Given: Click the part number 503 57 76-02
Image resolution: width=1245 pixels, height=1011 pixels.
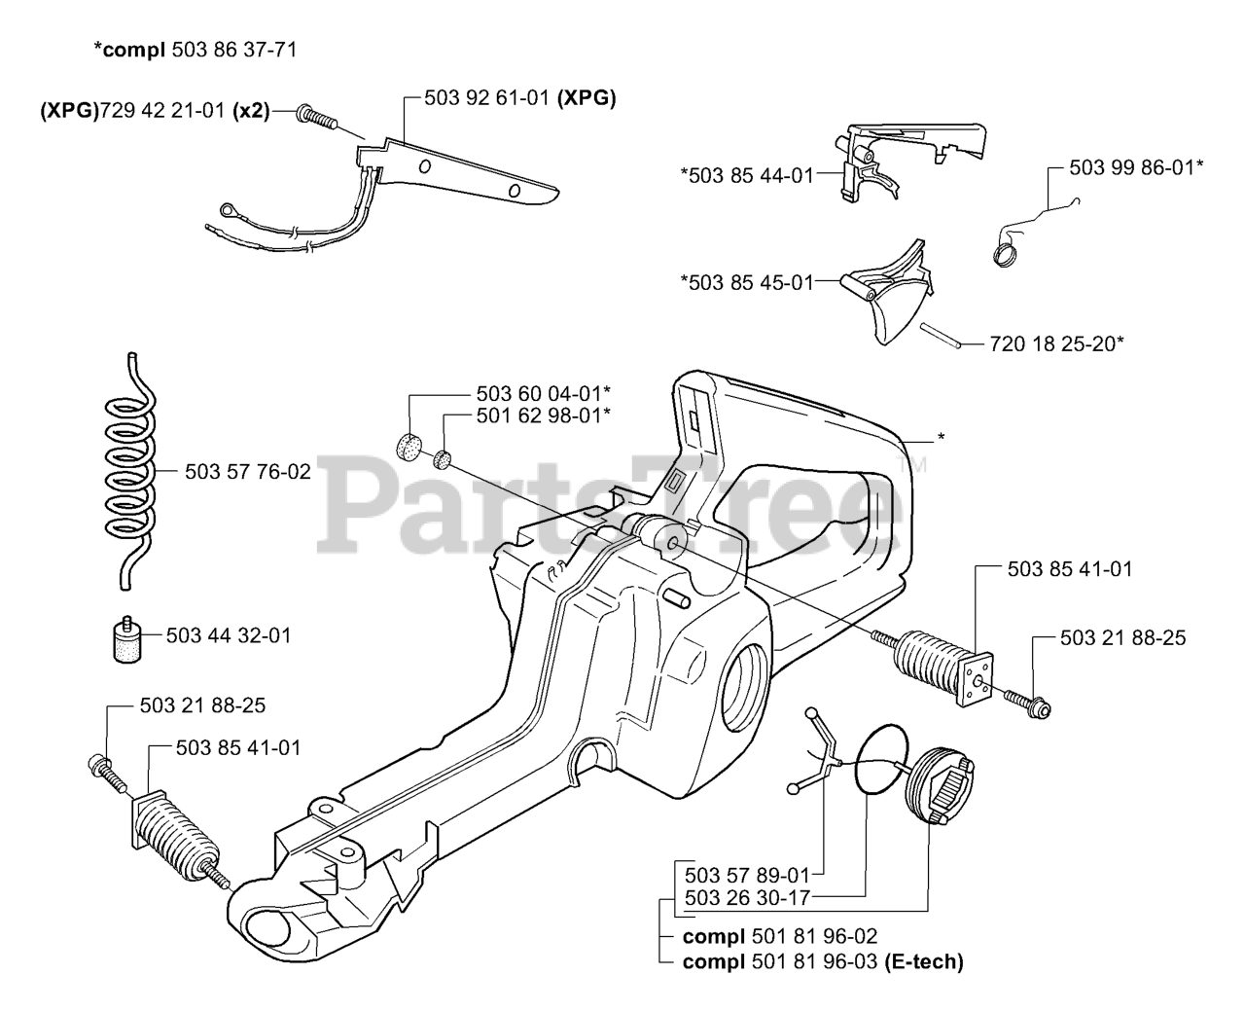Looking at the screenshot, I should (248, 472).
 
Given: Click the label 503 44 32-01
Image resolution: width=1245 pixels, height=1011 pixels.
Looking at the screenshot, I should (229, 635).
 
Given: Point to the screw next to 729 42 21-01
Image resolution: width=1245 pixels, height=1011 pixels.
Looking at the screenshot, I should (317, 118).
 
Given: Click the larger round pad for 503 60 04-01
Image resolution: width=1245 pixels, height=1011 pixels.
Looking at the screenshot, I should (412, 448).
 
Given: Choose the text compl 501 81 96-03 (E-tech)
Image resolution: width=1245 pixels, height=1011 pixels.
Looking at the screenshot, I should (823, 962).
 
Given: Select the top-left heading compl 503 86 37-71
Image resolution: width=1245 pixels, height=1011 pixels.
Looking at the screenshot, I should (195, 49).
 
